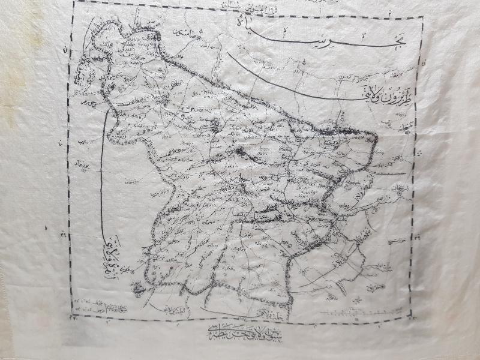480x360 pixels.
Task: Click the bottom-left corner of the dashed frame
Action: click(x=73, y=316)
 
